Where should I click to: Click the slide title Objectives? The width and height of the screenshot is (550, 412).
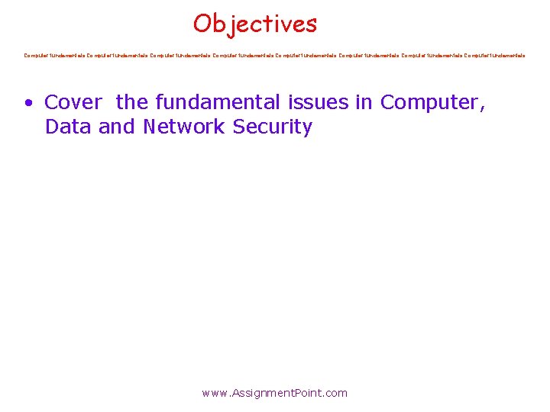point(254,24)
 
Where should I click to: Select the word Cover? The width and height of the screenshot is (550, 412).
point(73,101)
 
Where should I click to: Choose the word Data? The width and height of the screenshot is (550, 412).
point(69,127)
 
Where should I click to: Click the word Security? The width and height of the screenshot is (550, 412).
point(273,127)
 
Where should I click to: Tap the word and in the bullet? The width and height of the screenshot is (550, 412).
point(117,127)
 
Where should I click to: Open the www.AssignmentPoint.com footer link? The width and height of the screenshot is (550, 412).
point(274,393)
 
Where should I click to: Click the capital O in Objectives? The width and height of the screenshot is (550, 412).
point(202,24)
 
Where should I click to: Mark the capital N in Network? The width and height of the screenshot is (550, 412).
point(150,127)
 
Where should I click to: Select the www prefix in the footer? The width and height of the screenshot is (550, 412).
point(215,394)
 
